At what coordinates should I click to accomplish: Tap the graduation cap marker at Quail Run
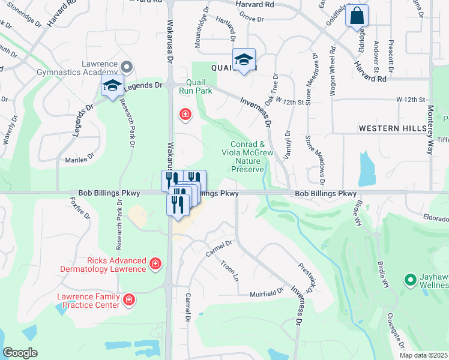(244, 59)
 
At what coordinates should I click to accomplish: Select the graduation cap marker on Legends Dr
(112, 86)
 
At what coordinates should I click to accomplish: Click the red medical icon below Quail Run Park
(185, 113)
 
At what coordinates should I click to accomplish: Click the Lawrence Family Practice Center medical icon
(128, 299)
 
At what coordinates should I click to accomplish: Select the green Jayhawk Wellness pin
(411, 280)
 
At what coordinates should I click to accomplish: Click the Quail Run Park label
(196, 87)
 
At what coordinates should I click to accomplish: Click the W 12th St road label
(410, 98)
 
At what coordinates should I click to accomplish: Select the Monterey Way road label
(430, 130)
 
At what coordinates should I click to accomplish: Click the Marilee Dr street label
(81, 160)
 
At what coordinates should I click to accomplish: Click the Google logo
(20, 353)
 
